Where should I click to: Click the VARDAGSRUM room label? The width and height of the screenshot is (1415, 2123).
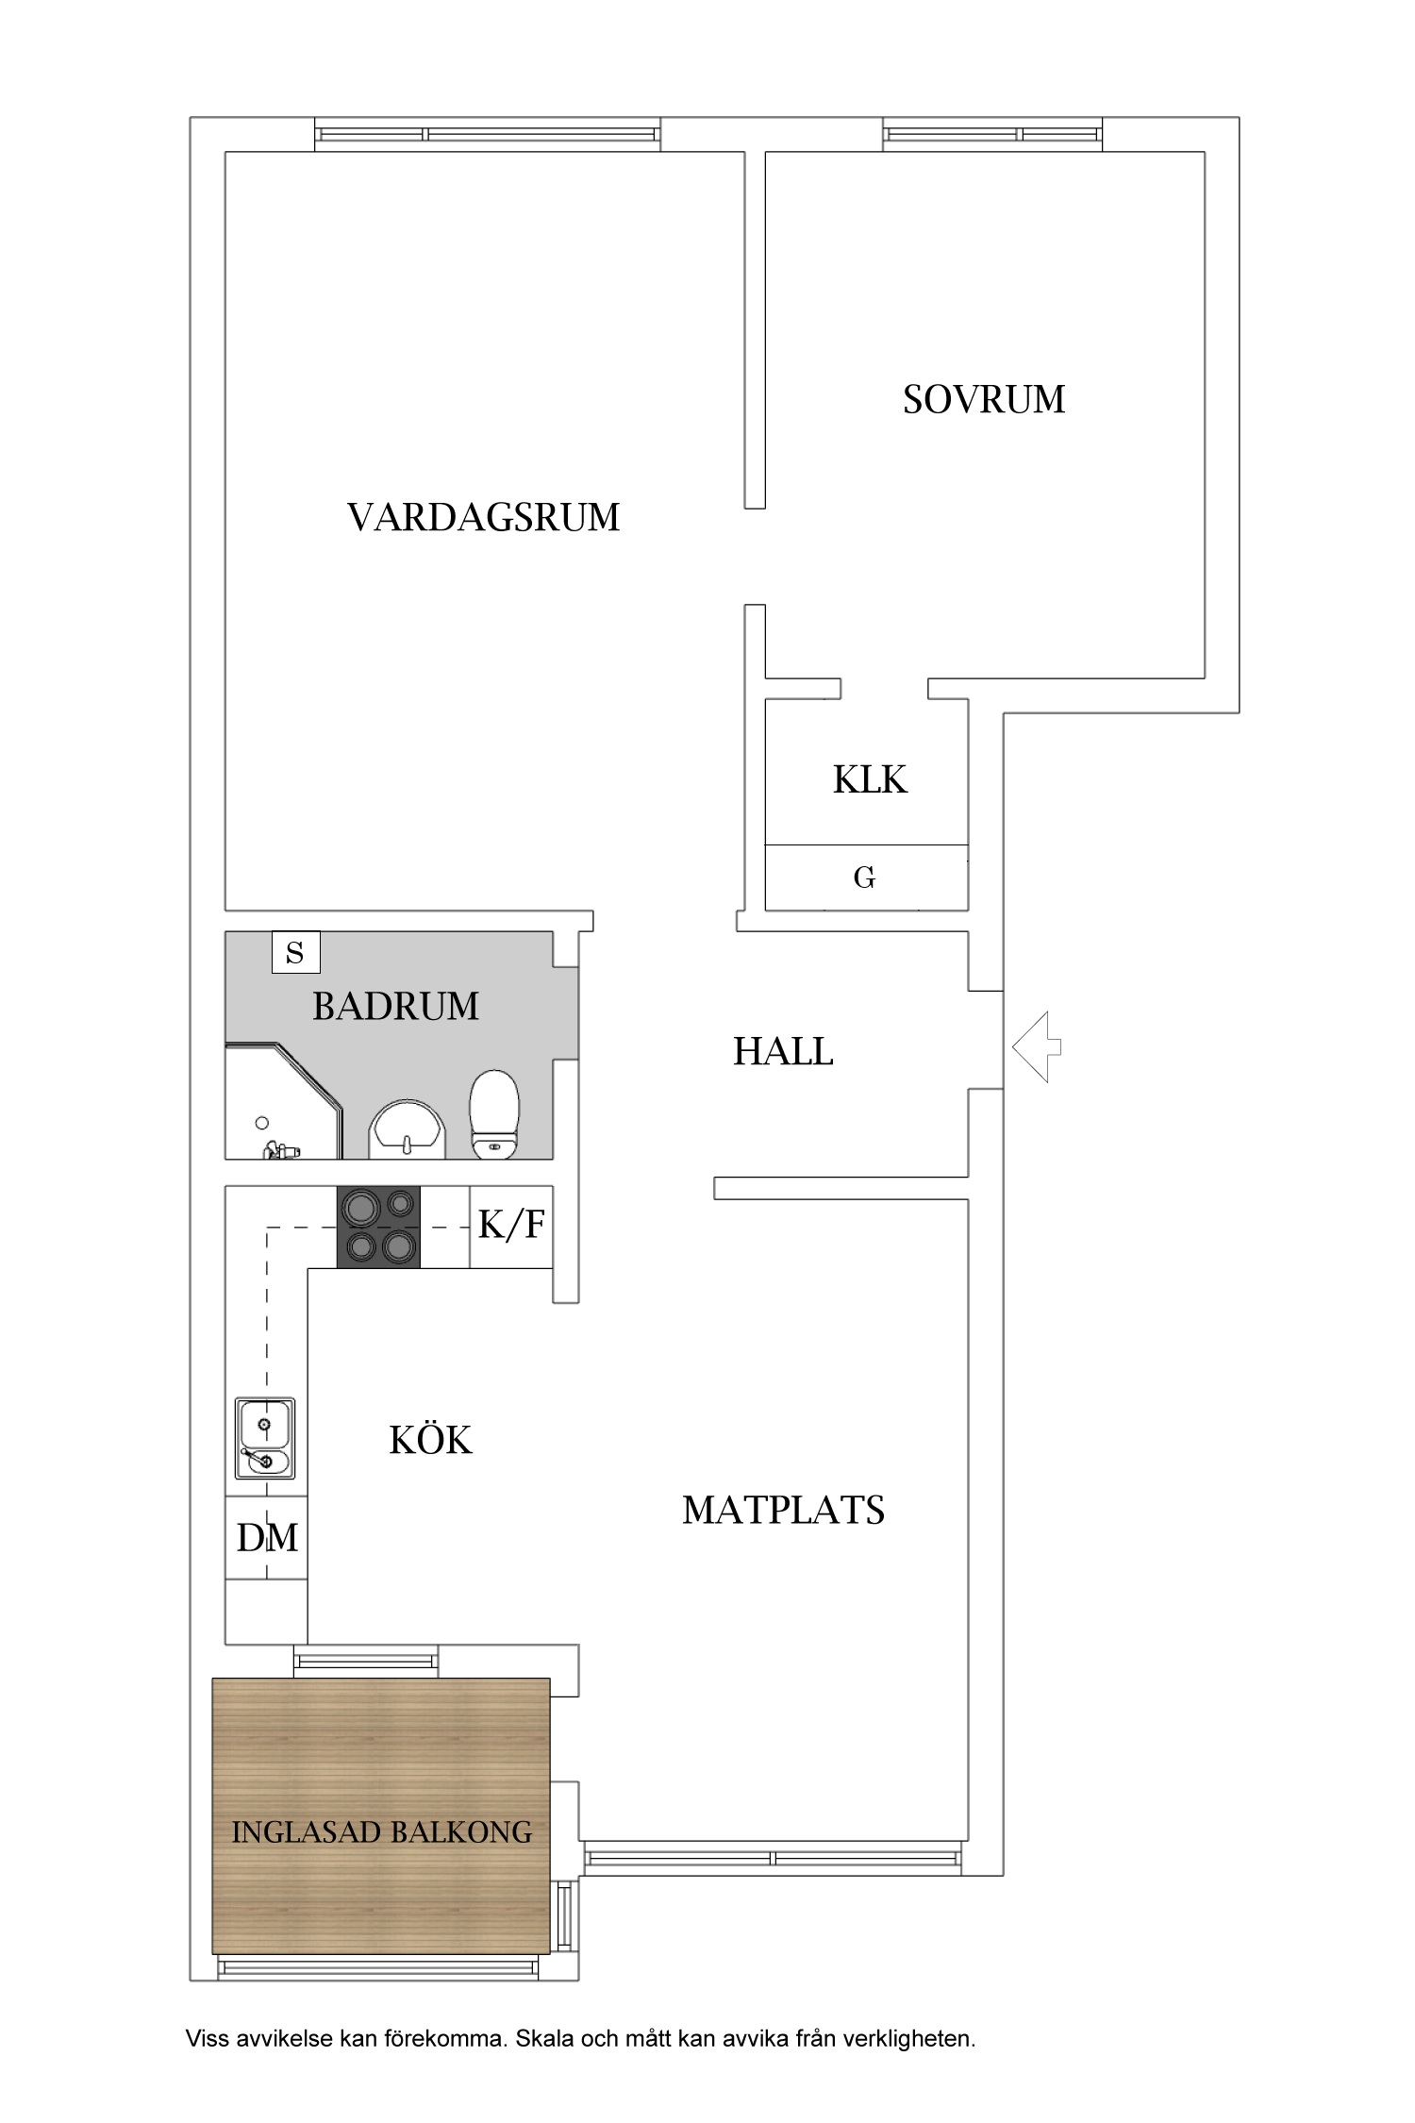point(483,518)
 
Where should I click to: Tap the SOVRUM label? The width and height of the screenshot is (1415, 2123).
point(983,400)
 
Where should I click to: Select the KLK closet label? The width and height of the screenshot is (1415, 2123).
point(869,780)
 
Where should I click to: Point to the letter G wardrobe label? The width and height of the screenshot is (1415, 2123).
point(864,878)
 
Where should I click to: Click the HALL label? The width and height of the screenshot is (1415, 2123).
point(782,1052)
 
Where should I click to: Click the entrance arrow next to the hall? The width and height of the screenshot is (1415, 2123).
point(1036,1046)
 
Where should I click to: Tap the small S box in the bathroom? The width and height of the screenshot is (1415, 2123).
point(295,952)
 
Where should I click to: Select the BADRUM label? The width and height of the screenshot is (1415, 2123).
point(395,1007)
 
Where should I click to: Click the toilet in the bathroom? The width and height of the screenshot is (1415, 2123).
point(494,1114)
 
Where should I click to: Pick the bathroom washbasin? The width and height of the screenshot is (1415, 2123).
point(407,1128)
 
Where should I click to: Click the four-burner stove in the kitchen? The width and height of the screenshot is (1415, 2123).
point(379,1227)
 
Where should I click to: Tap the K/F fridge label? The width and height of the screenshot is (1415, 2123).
point(511,1225)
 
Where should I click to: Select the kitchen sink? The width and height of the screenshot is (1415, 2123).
point(265,1438)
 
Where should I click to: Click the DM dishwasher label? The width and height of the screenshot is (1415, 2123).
point(267,1538)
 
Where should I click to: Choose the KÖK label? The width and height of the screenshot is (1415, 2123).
point(430,1441)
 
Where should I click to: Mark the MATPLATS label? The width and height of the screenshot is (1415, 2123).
point(783,1511)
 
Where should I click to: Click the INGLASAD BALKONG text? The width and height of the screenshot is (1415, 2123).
point(381,1832)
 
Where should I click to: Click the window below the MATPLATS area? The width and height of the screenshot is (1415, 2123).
point(772,1858)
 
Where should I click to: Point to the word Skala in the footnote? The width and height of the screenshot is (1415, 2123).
point(544,2039)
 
